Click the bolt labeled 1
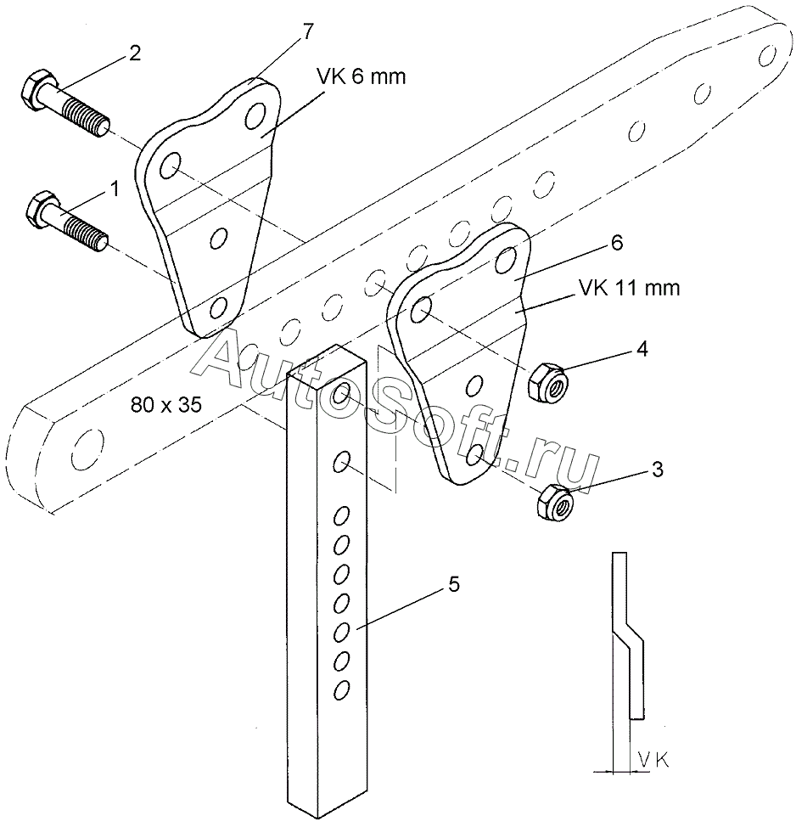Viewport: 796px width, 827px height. tap(66, 222)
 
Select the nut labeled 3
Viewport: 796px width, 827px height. tap(556, 503)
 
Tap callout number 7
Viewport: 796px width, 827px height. tap(307, 32)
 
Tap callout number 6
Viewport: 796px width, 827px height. tap(616, 244)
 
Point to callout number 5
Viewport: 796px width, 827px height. tap(453, 583)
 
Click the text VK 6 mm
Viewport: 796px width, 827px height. tap(362, 77)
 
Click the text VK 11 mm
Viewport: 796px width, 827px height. tap(630, 288)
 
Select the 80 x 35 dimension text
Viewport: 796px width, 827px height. tap(166, 405)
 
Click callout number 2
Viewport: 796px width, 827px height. tap(135, 53)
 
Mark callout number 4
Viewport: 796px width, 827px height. tap(642, 349)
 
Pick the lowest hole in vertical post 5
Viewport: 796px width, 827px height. tap(342, 689)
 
